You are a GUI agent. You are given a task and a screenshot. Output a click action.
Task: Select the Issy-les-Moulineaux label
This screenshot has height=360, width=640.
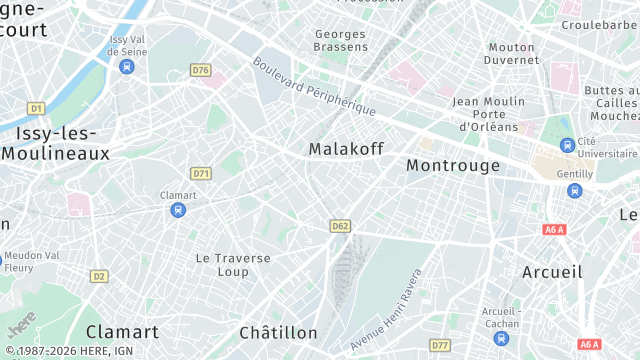click(x=55, y=143)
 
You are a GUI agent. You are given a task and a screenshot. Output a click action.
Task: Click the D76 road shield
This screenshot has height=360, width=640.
click(x=200, y=70)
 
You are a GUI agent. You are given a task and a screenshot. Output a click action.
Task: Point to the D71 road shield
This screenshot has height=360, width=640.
click(x=201, y=173)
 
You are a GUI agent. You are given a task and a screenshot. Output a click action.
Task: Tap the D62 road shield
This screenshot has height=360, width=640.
click(x=339, y=226)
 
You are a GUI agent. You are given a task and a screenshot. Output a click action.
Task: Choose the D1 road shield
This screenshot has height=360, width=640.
click(x=36, y=107)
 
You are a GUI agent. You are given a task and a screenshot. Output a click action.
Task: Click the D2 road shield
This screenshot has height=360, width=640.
click(x=98, y=276)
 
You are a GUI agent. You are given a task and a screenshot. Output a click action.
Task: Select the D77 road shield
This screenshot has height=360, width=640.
click(x=439, y=345)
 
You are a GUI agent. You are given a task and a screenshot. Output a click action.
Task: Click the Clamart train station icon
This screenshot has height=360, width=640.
click(x=178, y=210)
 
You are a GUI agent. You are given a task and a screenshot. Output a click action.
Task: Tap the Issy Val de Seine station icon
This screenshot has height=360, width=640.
click(x=126, y=67)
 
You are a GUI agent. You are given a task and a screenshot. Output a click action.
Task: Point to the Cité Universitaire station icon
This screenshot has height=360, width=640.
click(x=567, y=145)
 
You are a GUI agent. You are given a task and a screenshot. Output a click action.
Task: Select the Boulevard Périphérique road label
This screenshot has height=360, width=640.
click(x=313, y=85)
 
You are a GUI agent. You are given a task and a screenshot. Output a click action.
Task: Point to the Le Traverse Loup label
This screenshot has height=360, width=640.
click(x=232, y=264)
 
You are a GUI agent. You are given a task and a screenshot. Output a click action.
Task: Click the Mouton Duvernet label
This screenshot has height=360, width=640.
click(x=512, y=53)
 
